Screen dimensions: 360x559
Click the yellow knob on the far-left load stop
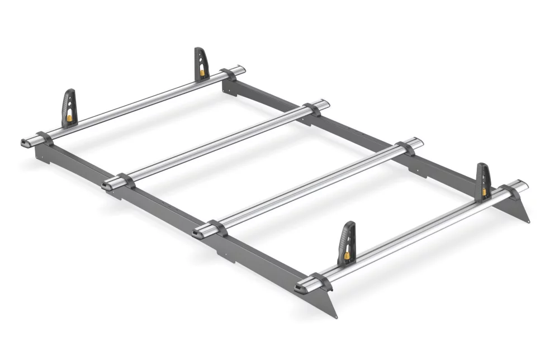click(x=69, y=118)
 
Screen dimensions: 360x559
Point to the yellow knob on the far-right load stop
click(x=484, y=192)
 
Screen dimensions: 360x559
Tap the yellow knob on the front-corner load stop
click(x=347, y=255)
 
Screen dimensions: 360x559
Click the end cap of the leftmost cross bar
click(x=26, y=142)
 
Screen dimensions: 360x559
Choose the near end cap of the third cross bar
click(x=197, y=232)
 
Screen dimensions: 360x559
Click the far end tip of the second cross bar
click(x=326, y=103)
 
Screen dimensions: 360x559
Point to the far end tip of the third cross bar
click(x=420, y=142)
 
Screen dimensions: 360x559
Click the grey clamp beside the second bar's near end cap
click(x=126, y=181)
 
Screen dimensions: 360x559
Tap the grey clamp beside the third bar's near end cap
click(x=217, y=227)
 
